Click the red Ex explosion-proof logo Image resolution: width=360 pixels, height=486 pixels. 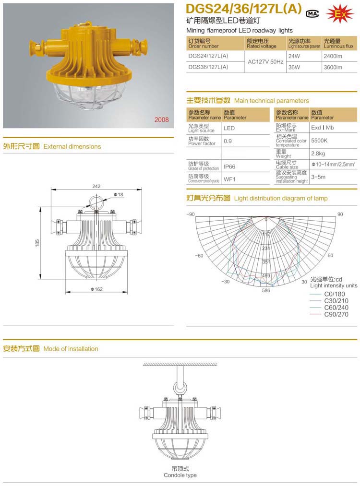339,14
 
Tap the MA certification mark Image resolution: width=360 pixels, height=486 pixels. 313,13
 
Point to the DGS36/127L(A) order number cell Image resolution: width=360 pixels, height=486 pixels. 208,68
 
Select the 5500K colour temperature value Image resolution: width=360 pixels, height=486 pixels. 319,141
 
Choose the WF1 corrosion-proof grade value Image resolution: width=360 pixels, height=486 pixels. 229,179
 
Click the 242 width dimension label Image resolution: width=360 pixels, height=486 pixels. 96,186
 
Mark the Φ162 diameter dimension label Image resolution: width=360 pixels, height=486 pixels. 97,289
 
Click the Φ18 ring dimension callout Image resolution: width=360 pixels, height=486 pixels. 119,194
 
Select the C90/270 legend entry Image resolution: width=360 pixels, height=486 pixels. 336,315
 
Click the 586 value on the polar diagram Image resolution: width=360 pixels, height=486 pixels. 266,290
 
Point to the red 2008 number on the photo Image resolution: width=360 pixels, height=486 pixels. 161,119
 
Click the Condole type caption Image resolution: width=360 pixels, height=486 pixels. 180,475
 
